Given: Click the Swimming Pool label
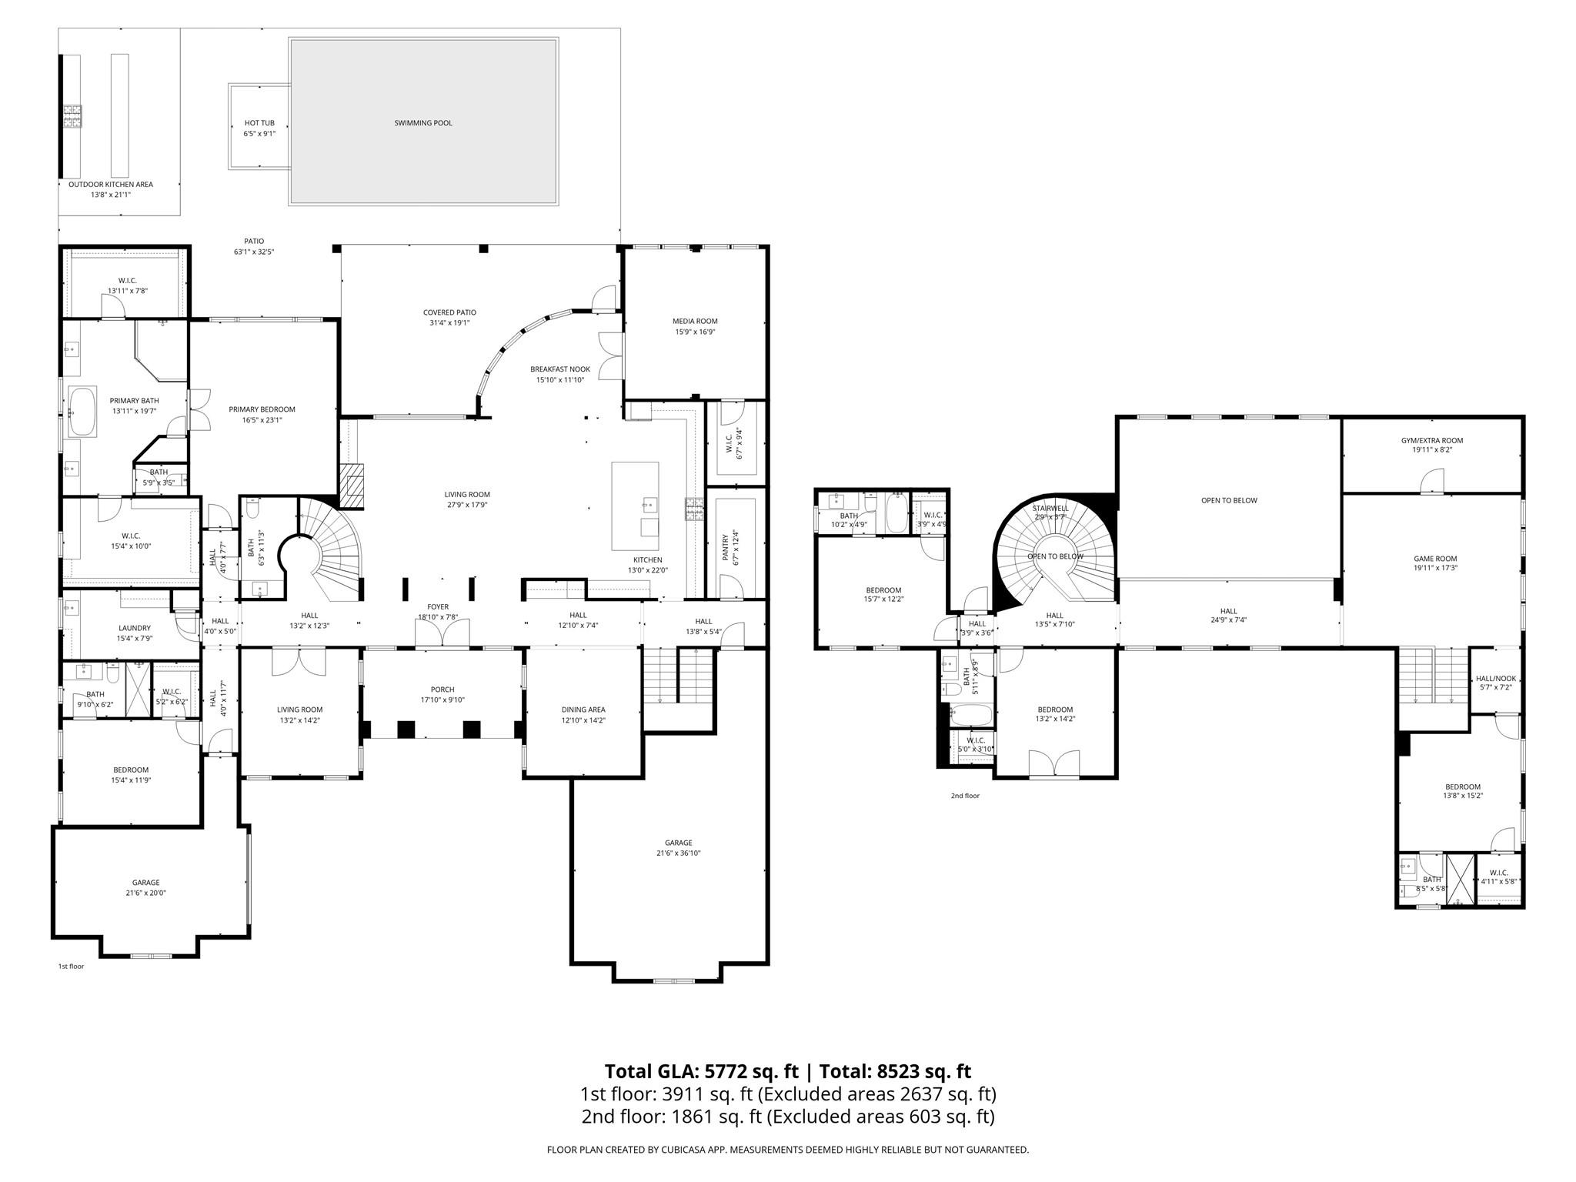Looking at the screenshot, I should (422, 123).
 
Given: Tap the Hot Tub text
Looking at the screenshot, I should (259, 123).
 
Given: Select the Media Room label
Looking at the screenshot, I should (695, 321).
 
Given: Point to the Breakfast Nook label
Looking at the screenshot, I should (559, 369).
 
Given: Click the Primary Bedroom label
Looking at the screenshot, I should (262, 409).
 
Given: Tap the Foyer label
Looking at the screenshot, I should (438, 607).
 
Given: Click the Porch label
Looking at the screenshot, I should (442, 689).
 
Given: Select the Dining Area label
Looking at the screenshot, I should (583, 710).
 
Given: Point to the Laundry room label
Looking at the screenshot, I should (135, 628).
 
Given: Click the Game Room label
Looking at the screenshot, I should (1435, 559).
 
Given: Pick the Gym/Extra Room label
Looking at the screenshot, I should (1431, 441).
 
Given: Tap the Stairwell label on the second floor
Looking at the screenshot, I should (1050, 508).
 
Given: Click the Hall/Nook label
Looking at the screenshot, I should (1495, 679).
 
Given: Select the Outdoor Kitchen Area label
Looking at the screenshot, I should (111, 185).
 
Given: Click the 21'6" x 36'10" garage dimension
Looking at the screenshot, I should (678, 853).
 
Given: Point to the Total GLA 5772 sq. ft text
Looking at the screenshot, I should (703, 1071).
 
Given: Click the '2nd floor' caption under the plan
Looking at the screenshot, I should (965, 796).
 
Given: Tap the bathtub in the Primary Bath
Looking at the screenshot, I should (82, 412).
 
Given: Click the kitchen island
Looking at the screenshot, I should (635, 506).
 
